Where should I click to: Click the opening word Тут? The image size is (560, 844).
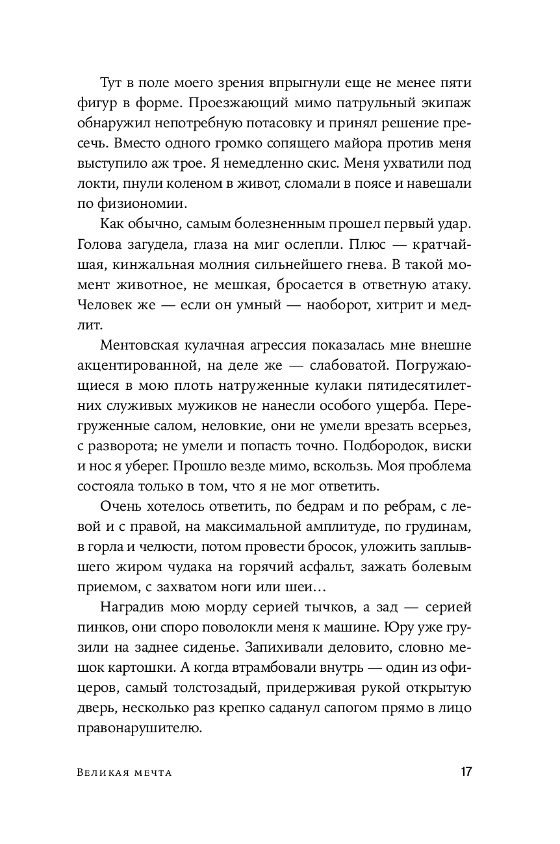[x=113, y=83]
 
